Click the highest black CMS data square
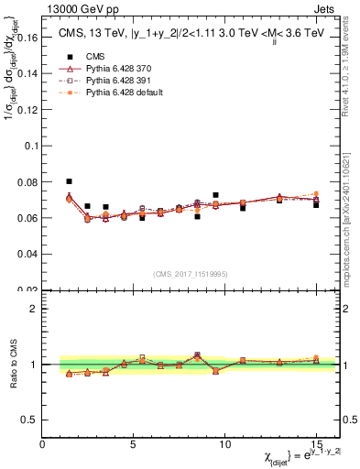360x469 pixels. (x=70, y=181)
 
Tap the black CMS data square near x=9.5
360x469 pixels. (x=215, y=195)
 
